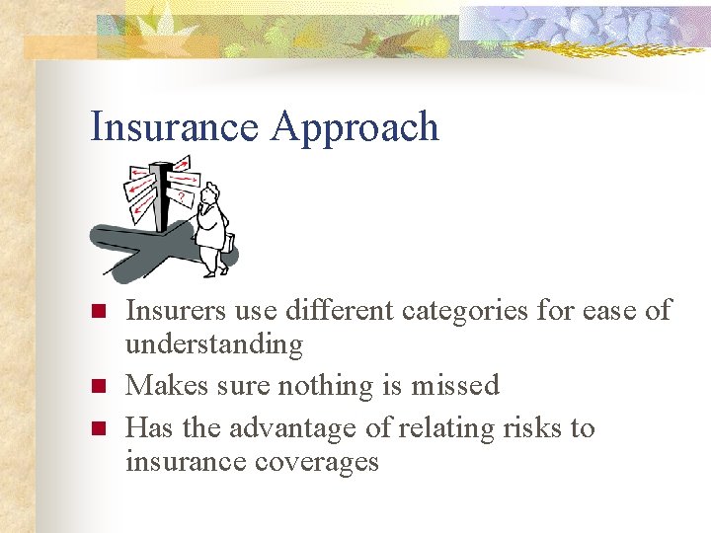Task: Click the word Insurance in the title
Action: coord(173,127)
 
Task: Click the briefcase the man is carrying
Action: coord(229,242)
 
